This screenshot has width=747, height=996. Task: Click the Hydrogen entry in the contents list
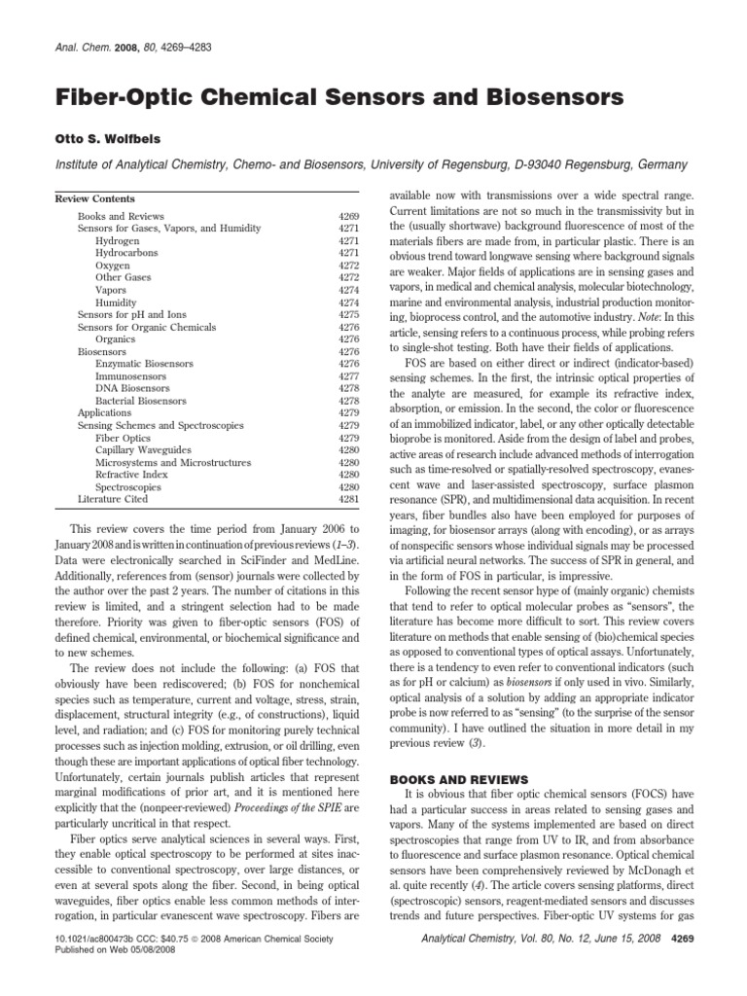coord(116,240)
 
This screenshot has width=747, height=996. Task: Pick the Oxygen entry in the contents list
coord(112,265)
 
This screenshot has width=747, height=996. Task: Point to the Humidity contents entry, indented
coord(116,302)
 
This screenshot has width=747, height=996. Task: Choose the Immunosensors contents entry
coord(130,375)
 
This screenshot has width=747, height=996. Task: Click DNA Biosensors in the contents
coord(132,388)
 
